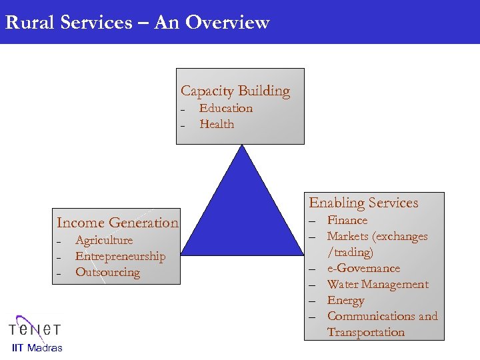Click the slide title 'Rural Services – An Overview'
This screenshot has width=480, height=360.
pyautogui.click(x=137, y=23)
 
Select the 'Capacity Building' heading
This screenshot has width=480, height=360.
pyautogui.click(x=235, y=91)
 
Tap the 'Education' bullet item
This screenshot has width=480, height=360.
pyautogui.click(x=226, y=108)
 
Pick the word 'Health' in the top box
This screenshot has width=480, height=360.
pyautogui.click(x=217, y=124)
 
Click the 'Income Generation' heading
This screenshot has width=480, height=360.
pyautogui.click(x=117, y=223)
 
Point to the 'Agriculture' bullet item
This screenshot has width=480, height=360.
pyautogui.click(x=104, y=240)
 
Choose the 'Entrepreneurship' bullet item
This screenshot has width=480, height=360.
pyautogui.click(x=120, y=256)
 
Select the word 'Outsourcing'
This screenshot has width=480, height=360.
pyautogui.click(x=107, y=272)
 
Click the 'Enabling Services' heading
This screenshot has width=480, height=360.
pyautogui.click(x=363, y=203)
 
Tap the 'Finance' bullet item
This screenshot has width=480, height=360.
pyautogui.click(x=347, y=220)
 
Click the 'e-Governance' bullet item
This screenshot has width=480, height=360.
pyautogui.click(x=363, y=268)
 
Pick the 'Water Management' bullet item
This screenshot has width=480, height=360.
pyautogui.click(x=377, y=284)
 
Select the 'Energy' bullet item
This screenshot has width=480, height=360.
pyautogui.click(x=345, y=300)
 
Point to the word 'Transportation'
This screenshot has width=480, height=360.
pyautogui.click(x=365, y=332)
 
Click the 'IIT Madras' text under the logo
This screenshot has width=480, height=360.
pyautogui.click(x=37, y=347)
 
